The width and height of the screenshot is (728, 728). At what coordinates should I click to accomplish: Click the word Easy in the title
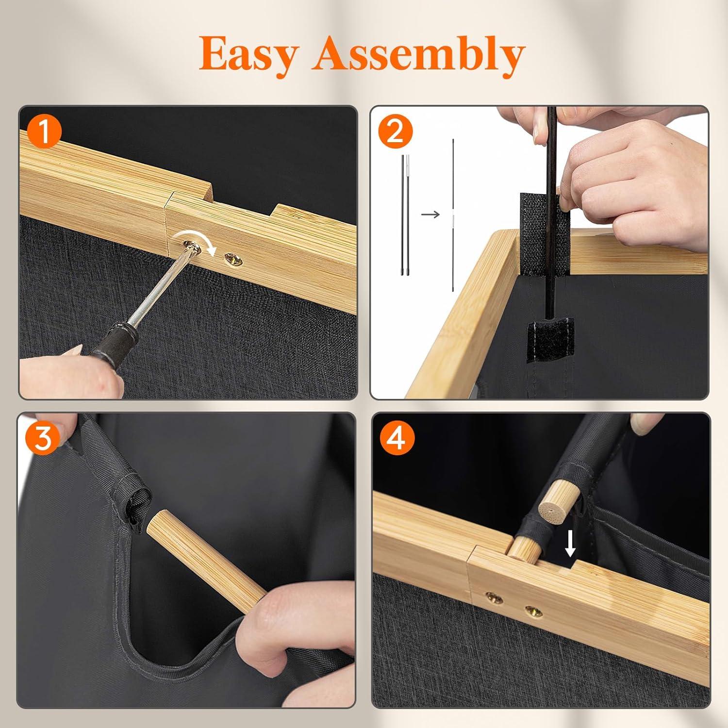[x=248, y=54]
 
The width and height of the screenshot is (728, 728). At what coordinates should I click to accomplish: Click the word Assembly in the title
[x=418, y=54]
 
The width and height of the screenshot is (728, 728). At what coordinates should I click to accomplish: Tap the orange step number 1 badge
[x=44, y=132]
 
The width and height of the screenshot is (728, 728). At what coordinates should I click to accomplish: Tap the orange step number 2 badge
[x=396, y=132]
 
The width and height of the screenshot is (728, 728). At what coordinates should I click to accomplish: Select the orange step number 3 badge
[x=44, y=438]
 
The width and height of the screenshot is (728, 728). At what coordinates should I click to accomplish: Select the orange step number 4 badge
[x=397, y=438]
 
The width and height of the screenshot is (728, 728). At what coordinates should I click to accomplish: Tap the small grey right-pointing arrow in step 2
[x=430, y=214]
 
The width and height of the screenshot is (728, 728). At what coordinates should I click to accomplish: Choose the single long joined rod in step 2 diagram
[x=453, y=215]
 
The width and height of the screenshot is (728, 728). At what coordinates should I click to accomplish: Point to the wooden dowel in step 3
[x=206, y=558]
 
